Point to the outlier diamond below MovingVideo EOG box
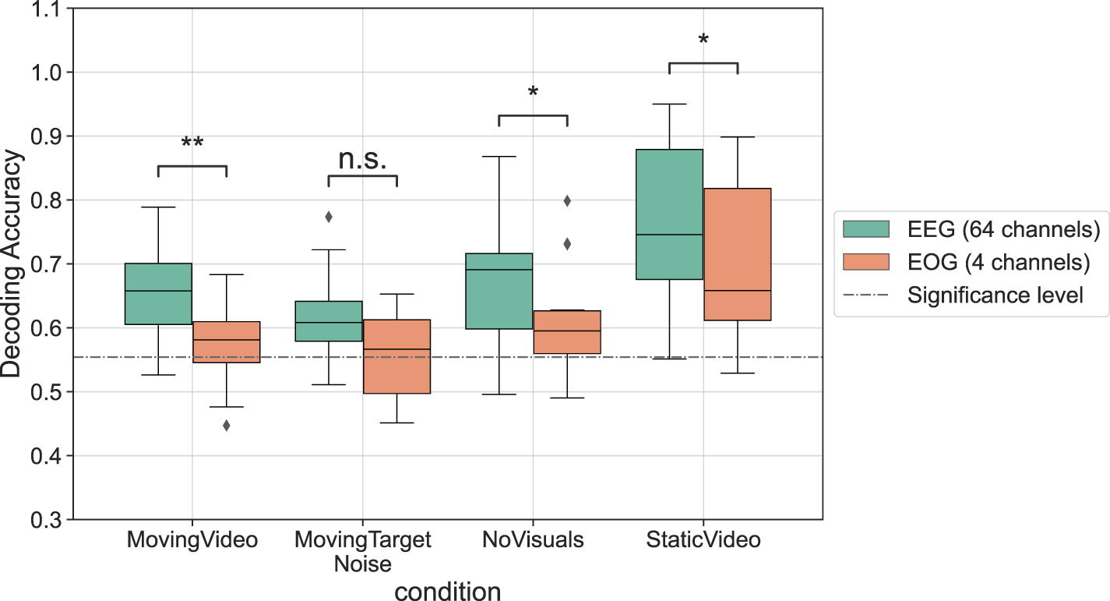click(226, 426)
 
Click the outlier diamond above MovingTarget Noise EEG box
click(329, 217)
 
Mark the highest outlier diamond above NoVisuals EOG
click(567, 201)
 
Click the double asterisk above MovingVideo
click(192, 143)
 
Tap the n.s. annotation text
click(362, 159)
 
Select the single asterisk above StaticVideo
click(703, 39)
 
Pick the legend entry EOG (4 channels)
click(965, 263)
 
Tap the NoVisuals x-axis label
click(533, 540)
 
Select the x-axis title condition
click(447, 592)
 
